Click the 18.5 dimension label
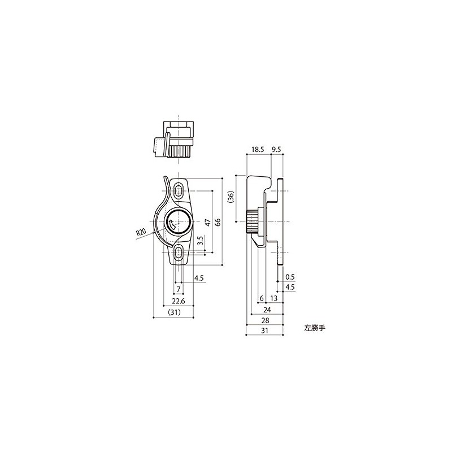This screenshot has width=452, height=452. pyautogui.click(x=258, y=149)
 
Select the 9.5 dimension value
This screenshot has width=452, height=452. pyautogui.click(x=276, y=149)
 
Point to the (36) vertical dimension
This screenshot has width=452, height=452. pyautogui.click(x=231, y=197)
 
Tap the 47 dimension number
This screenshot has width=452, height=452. pyautogui.click(x=208, y=222)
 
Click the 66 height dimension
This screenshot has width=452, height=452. pyautogui.click(x=218, y=222)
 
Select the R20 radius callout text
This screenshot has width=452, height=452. pyautogui.click(x=141, y=232)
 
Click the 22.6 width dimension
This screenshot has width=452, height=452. pyautogui.click(x=178, y=301)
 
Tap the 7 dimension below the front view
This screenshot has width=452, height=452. pyautogui.click(x=179, y=289)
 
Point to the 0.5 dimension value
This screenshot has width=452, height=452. pyautogui.click(x=290, y=277)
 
